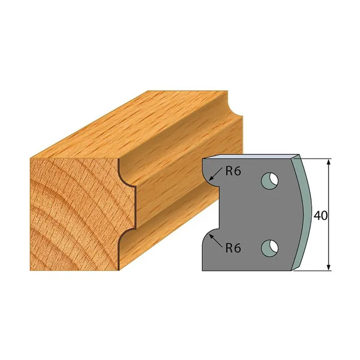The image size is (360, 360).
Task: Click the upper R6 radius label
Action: (x=233, y=171)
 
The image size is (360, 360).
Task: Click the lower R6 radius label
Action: (x=233, y=248)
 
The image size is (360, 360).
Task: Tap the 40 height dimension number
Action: (x=320, y=215)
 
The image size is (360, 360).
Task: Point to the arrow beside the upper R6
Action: (x=216, y=173)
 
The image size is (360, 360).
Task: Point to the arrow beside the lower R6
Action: (x=217, y=241)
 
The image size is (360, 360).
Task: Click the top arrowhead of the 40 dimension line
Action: (x=329, y=162)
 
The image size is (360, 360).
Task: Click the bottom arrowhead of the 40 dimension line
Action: (x=329, y=267)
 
